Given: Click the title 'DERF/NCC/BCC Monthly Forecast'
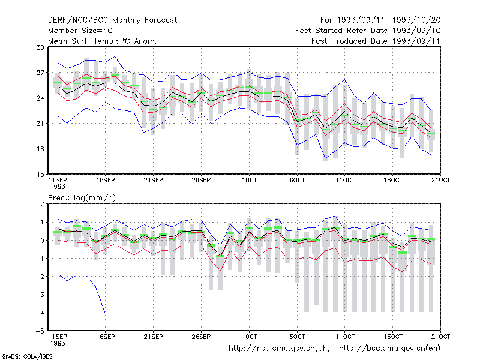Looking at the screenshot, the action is (x=112, y=20).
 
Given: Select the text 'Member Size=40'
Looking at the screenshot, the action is (x=80, y=31).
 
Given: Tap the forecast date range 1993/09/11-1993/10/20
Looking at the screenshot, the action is (x=389, y=20).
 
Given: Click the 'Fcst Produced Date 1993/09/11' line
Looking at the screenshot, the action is (x=376, y=41).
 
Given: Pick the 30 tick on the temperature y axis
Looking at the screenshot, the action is (x=40, y=47).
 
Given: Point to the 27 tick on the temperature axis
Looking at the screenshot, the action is (x=40, y=73).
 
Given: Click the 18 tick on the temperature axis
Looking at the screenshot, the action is (x=40, y=149).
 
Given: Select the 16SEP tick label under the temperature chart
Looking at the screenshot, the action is (x=106, y=180).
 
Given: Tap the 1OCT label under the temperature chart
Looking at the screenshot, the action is (x=249, y=180).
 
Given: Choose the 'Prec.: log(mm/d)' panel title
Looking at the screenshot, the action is (x=82, y=198).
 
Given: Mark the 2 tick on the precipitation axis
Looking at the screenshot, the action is (x=42, y=204).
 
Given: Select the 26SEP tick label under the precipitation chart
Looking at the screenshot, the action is (x=201, y=337).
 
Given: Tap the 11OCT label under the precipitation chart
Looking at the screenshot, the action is (x=345, y=337).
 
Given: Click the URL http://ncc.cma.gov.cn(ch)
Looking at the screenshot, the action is (x=279, y=349).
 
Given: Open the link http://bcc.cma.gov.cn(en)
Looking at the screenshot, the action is (x=389, y=349).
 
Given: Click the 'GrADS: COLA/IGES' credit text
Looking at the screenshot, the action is (x=27, y=356).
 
